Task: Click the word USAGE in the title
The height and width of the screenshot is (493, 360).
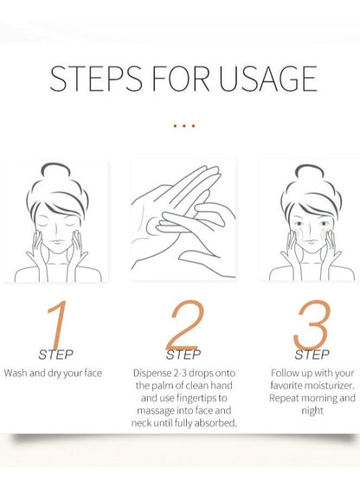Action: click(268, 79)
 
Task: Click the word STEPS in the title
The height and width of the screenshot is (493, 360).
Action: click(96, 79)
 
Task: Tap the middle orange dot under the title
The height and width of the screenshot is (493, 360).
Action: click(184, 126)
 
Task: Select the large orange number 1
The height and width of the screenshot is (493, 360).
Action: click(58, 323)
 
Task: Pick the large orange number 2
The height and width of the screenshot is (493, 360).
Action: click(184, 324)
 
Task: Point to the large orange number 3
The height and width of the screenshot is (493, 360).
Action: click(312, 324)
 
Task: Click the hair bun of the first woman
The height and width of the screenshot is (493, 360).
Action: click(55, 173)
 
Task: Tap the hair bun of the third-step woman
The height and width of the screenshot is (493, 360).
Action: click(310, 174)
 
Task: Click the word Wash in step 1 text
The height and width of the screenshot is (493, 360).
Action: click(16, 373)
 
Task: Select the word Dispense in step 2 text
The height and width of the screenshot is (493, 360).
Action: click(152, 373)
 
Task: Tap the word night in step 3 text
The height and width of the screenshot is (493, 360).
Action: click(312, 411)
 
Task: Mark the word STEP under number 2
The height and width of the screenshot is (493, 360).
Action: click(183, 355)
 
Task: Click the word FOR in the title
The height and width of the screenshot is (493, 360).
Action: click(181, 79)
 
